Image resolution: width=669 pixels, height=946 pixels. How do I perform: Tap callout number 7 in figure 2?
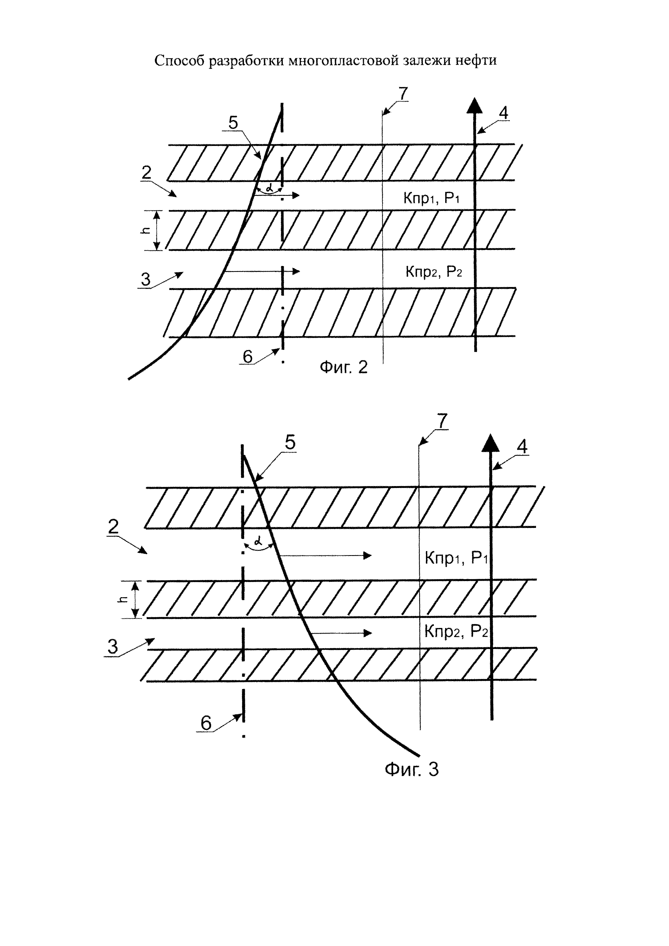402,94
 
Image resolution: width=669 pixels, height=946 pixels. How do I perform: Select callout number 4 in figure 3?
522,447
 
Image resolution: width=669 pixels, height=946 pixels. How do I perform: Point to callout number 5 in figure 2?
233,123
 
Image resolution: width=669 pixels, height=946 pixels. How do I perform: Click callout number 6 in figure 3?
206,723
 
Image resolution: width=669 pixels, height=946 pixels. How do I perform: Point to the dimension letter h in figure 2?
145,231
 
